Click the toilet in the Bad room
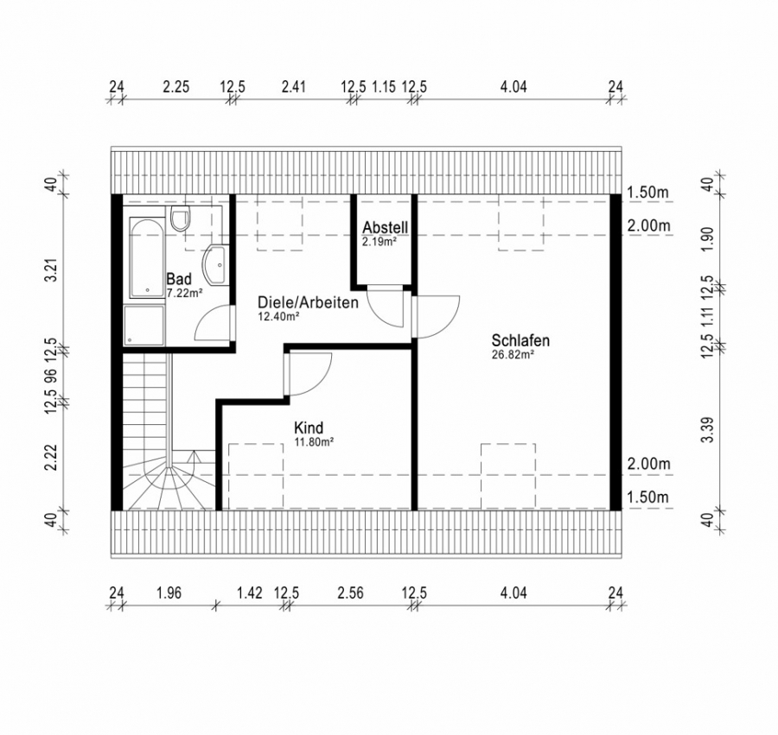tap(180, 219)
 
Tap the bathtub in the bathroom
tap(147, 257)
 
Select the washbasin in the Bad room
tap(216, 264)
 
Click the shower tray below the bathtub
tap(143, 326)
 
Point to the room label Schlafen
tap(520, 340)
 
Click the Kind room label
tap(308, 428)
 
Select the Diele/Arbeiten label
tap(308, 302)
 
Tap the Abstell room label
tap(385, 227)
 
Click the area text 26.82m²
tap(513, 354)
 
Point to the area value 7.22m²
tap(185, 293)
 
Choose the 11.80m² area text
tap(314, 441)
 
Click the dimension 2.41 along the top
tap(293, 86)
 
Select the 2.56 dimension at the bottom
tap(350, 592)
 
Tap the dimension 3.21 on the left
tap(52, 270)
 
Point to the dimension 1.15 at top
tap(384, 86)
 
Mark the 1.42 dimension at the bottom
tap(250, 592)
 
